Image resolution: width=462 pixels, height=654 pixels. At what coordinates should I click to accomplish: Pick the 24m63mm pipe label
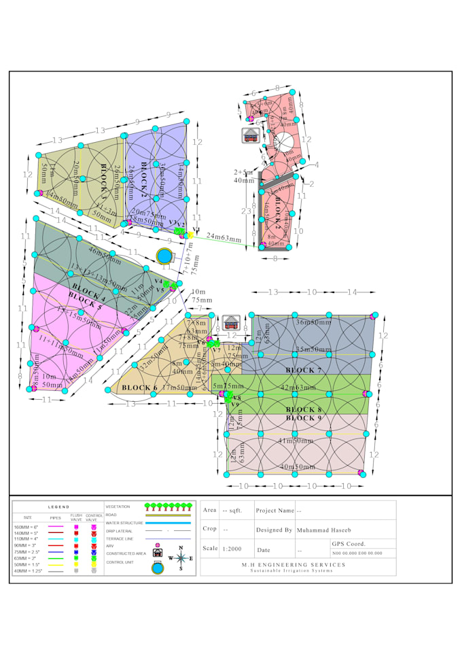(224, 238)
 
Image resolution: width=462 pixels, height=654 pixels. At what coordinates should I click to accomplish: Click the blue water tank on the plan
(164, 256)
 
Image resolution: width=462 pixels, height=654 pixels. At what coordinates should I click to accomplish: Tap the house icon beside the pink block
(249, 135)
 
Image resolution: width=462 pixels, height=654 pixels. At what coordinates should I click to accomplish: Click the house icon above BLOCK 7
(230, 322)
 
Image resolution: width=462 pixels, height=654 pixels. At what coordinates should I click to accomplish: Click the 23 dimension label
(247, 211)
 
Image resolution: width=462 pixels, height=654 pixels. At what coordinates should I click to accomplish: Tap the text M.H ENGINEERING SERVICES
(298, 564)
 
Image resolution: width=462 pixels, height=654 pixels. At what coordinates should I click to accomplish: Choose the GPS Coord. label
(348, 544)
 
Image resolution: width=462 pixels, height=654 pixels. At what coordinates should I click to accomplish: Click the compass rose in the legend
(180, 558)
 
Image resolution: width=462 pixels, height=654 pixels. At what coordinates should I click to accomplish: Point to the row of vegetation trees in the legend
(167, 506)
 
